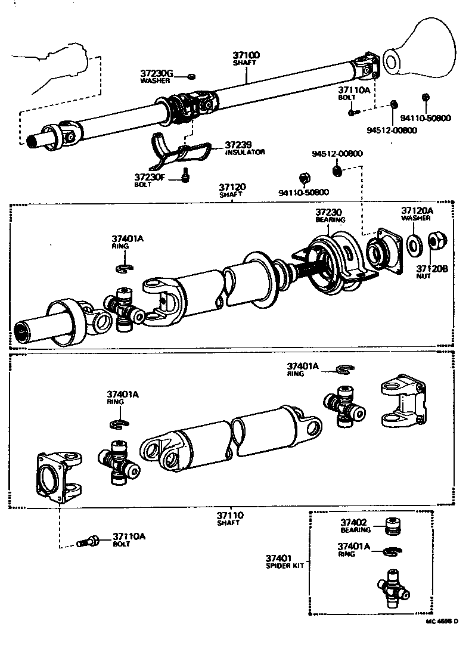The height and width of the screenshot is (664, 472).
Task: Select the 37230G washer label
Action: click(156, 74)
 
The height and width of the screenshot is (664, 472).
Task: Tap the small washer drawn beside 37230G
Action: click(191, 76)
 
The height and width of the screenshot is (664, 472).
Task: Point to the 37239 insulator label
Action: click(238, 145)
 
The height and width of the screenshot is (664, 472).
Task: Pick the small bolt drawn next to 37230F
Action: click(186, 175)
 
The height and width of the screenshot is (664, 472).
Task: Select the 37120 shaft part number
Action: click(232, 187)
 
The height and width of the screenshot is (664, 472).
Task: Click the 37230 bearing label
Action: click(330, 212)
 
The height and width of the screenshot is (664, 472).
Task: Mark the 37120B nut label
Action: click(431, 269)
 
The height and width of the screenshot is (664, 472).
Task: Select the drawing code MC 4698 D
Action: click(440, 621)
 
